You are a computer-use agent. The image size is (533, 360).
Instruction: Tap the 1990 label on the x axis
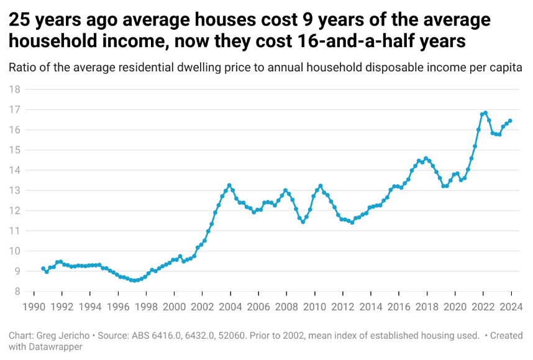34,307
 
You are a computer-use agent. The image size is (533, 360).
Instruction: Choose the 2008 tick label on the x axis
286,307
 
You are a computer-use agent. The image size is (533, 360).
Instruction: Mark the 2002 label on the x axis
202,307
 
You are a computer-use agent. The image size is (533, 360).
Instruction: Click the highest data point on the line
485,113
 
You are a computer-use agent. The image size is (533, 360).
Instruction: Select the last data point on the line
510,121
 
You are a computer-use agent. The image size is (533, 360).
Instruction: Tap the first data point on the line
43,269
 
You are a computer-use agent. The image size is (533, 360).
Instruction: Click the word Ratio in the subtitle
22,68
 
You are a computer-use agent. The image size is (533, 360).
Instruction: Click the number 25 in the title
19,20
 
